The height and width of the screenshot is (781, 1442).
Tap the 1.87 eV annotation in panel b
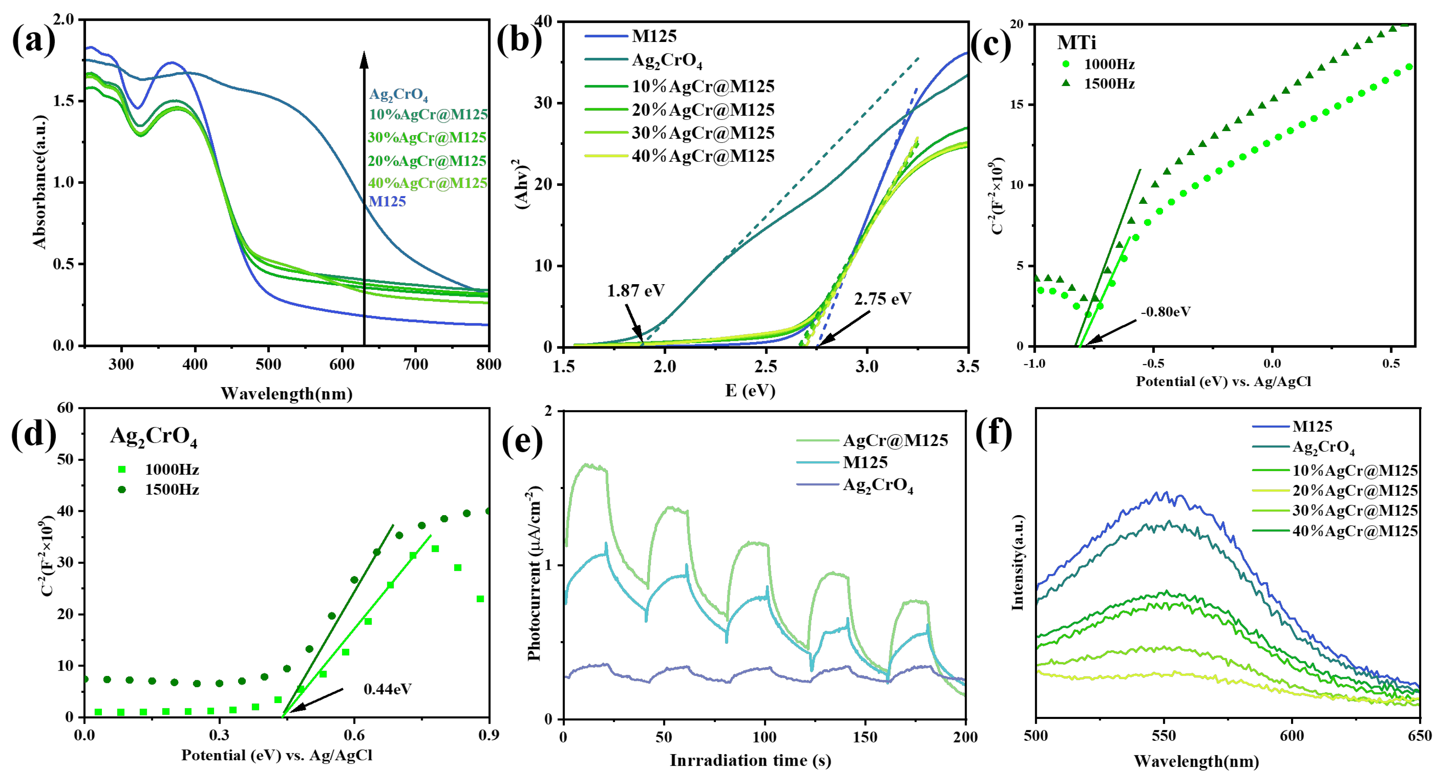click(635, 291)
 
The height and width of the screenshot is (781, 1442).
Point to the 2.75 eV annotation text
click(882, 299)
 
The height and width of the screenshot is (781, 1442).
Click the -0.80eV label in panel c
click(1166, 312)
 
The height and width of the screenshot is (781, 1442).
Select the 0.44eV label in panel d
click(387, 689)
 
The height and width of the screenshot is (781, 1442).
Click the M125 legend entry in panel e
click(865, 463)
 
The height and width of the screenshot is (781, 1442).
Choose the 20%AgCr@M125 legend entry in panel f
click(1355, 491)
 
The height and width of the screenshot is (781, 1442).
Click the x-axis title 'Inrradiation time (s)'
click(750, 760)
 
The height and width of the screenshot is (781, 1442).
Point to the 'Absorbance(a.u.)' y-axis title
click(39, 182)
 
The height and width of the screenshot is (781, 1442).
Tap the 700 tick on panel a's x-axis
click(415, 365)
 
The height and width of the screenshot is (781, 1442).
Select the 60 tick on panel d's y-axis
click(66, 408)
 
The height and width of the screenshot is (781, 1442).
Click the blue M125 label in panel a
click(387, 202)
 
